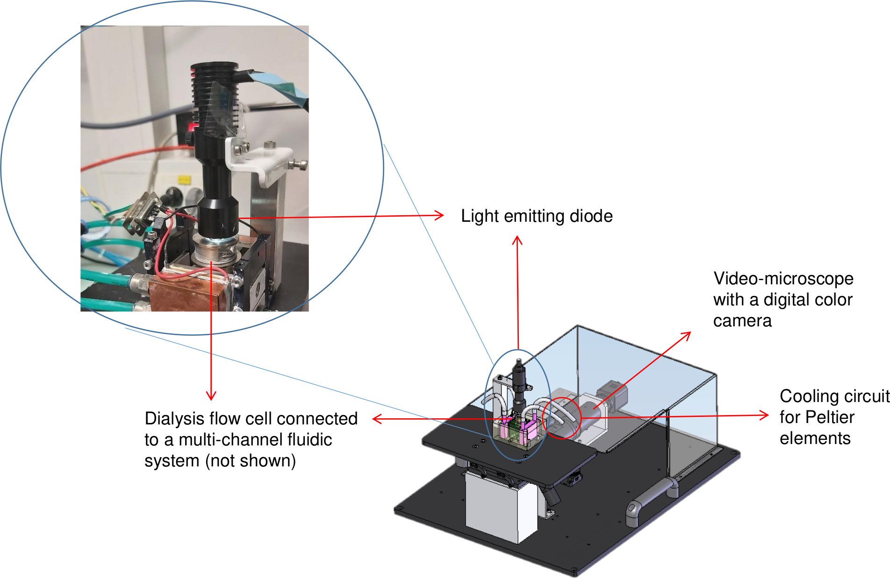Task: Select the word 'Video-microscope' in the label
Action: point(783,279)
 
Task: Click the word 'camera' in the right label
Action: point(742,321)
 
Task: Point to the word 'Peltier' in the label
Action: point(830,417)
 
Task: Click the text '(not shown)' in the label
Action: point(251,461)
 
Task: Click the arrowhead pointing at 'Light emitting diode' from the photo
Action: point(439,215)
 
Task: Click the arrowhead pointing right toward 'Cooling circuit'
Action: point(764,415)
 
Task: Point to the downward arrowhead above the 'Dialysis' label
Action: point(211,395)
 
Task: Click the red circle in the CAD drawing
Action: point(561,418)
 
